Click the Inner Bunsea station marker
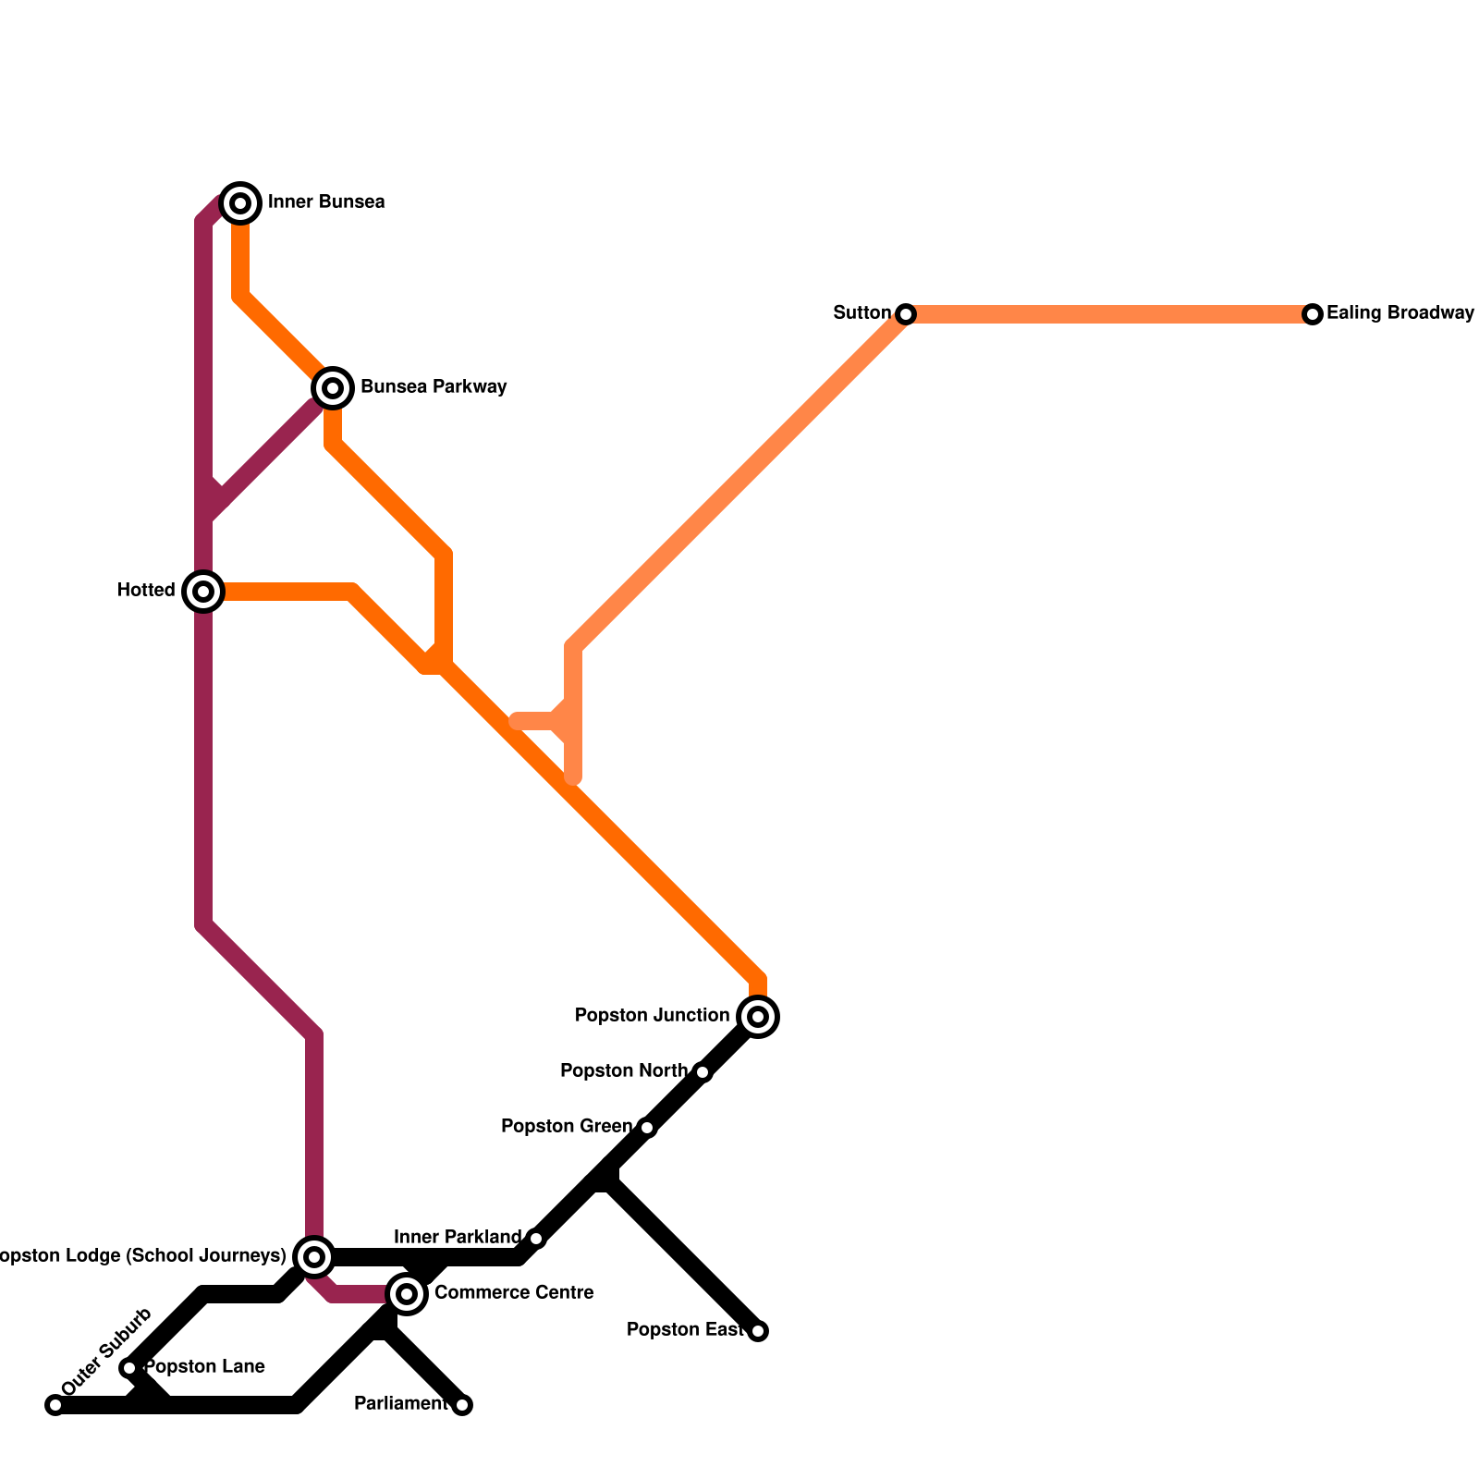tap(240, 202)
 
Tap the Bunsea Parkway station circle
tap(333, 387)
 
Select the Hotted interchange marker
tap(203, 591)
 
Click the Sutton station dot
tap(906, 314)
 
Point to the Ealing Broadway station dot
tap(1313, 314)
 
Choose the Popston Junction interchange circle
tap(758, 1017)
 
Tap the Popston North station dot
tap(703, 1072)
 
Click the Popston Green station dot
tap(647, 1128)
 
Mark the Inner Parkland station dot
tap(536, 1239)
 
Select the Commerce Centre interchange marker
tap(407, 1294)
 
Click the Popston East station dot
tap(758, 1331)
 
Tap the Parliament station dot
tap(462, 1405)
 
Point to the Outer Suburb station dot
tap(55, 1405)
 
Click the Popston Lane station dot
tap(129, 1368)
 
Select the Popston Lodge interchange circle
tap(314, 1257)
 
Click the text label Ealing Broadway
tap(1400, 313)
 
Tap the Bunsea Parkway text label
tap(434, 387)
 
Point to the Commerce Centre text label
tap(513, 1292)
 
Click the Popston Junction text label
tap(652, 1016)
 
